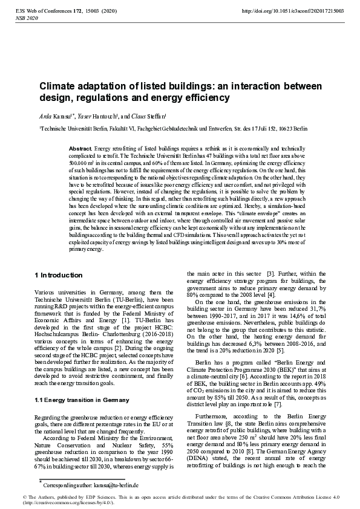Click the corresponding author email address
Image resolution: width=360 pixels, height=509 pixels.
point(110,485)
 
